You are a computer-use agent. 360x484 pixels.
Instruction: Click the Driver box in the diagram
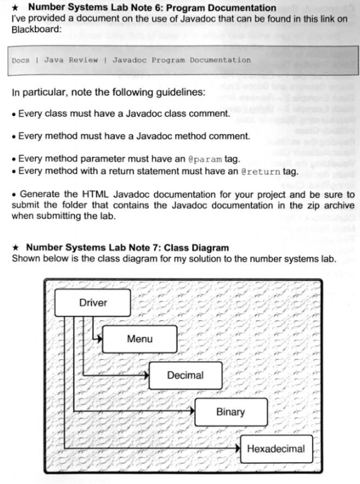(x=93, y=303)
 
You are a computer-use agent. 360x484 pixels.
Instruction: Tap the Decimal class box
(x=185, y=376)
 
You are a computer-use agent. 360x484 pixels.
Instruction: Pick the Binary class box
(x=230, y=412)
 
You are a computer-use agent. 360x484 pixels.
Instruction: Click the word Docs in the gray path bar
(x=21, y=60)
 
